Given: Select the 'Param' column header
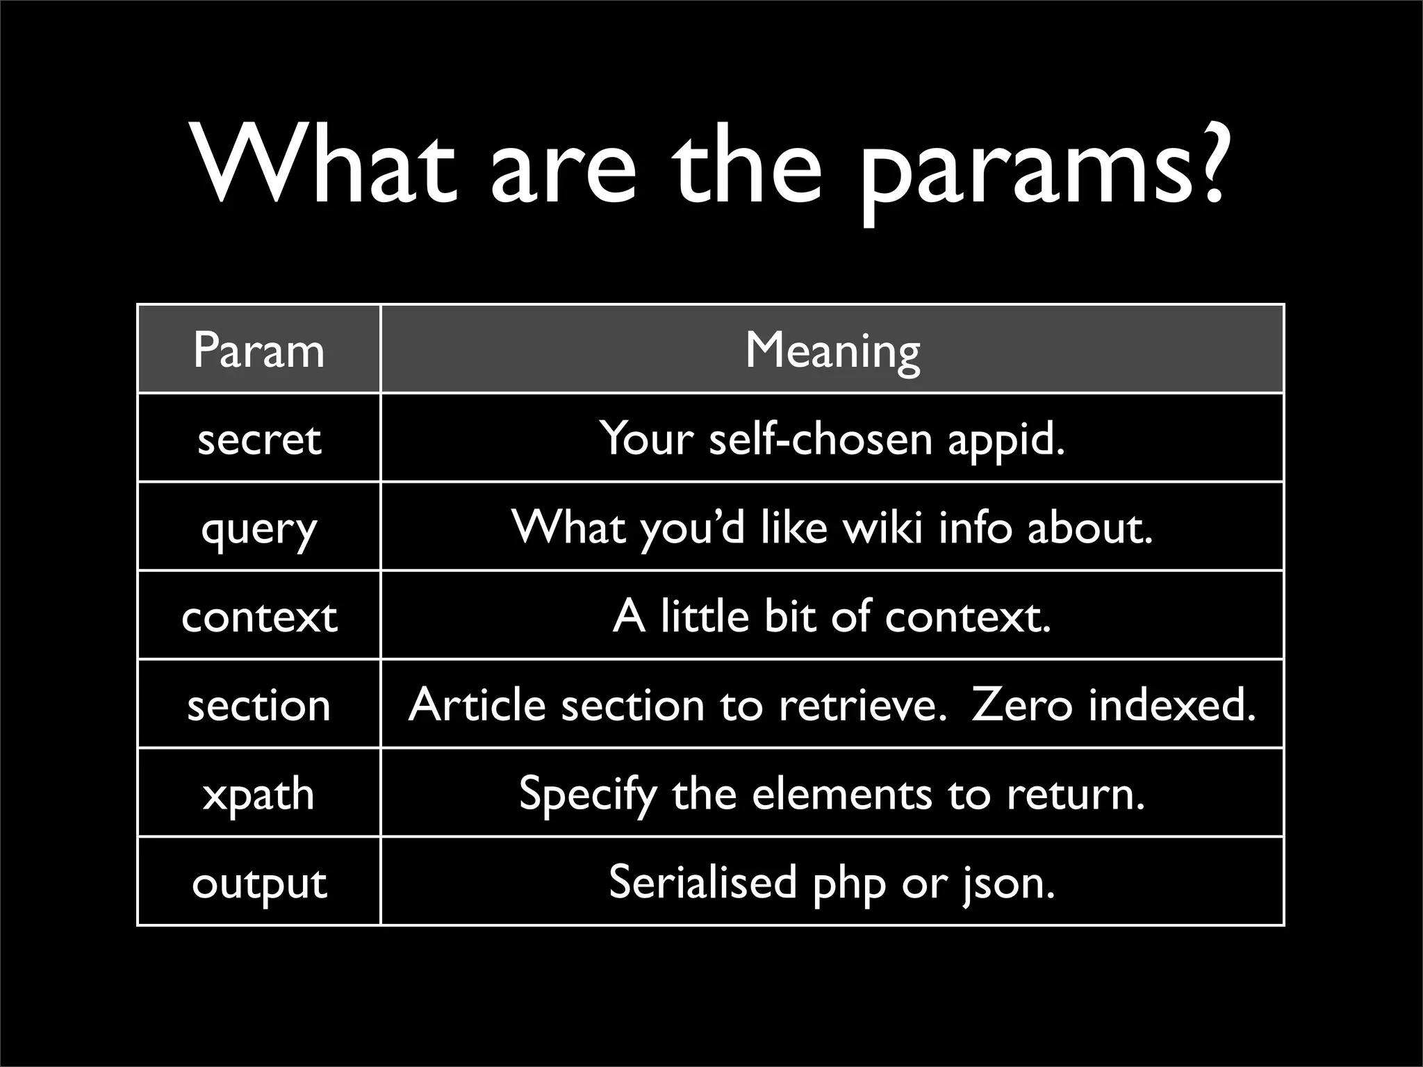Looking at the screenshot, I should [259, 350].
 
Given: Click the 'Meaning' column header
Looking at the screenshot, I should [832, 350].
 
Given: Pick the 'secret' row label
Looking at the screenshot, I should [259, 439].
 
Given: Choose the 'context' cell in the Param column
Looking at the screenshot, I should [259, 616].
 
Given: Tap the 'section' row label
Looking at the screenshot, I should [259, 705].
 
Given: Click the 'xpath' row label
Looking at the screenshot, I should [259, 794].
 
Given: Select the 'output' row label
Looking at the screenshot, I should [259, 883].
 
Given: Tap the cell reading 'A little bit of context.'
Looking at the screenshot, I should [832, 616].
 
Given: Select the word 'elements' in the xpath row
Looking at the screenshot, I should [841, 794].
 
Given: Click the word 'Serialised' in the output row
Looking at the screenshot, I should [702, 882].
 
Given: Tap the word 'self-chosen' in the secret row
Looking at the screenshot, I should [820, 439].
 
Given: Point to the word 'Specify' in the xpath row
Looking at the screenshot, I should [588, 795].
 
